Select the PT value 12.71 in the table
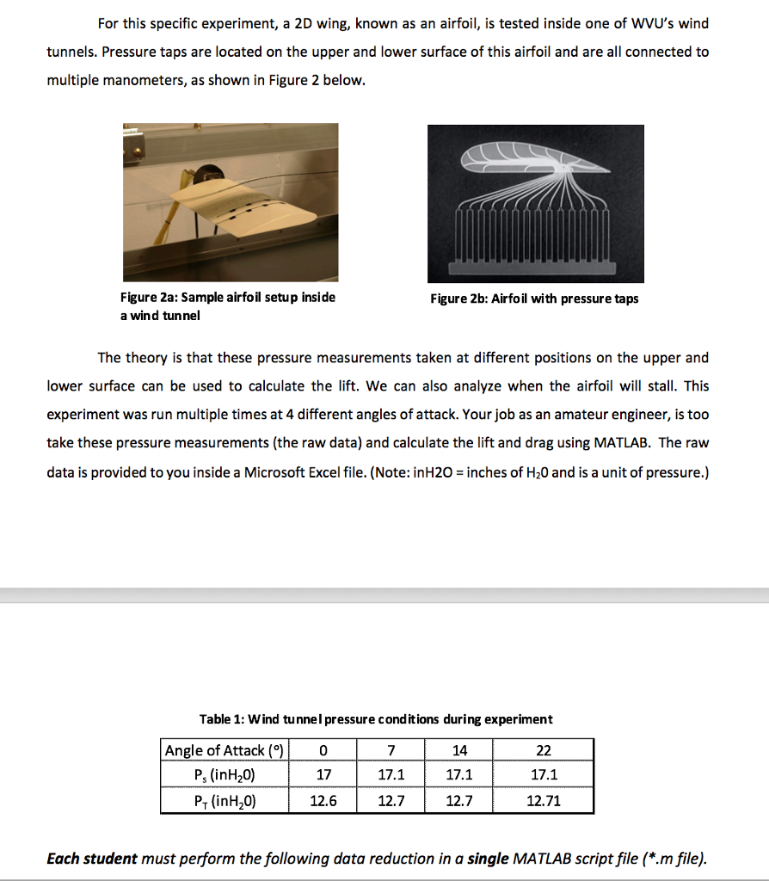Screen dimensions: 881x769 (x=543, y=801)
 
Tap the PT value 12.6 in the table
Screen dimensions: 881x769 (x=323, y=801)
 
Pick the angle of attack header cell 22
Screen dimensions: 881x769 (x=543, y=750)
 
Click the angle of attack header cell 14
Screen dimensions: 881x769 (x=459, y=750)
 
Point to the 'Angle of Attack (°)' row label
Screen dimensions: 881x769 (x=225, y=750)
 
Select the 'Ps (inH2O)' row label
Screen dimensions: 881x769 (x=225, y=775)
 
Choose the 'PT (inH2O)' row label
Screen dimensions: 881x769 (x=225, y=801)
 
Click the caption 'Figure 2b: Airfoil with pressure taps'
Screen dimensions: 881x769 (x=534, y=299)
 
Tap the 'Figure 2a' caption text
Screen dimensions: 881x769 (x=227, y=298)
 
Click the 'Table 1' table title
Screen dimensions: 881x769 (x=376, y=719)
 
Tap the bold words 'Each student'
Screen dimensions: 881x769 (x=92, y=859)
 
